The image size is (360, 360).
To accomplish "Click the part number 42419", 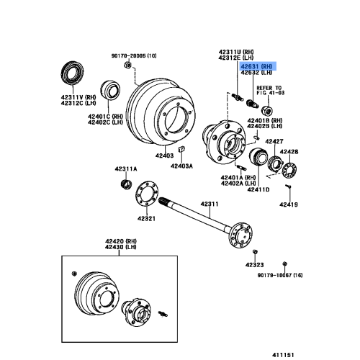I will pyautogui.click(x=289, y=204).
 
